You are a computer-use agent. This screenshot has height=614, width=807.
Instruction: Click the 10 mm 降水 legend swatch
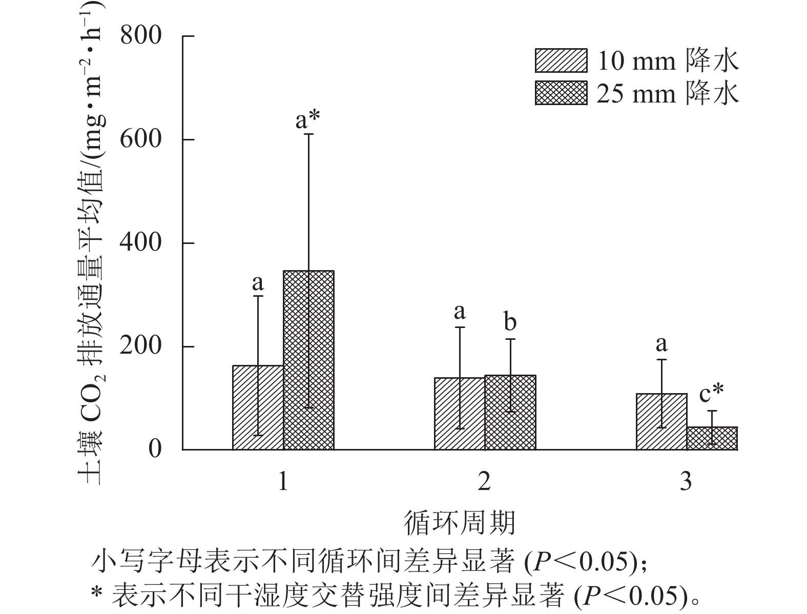pos(561,61)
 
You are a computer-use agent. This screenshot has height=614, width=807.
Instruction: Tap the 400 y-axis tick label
pos(140,242)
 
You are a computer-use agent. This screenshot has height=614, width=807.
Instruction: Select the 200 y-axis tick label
pos(140,346)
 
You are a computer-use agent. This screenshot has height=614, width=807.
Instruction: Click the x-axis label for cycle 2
pos(484,482)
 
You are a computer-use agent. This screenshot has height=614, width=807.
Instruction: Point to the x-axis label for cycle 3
pos(686,482)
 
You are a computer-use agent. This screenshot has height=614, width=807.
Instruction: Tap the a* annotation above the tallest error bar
pos(308,120)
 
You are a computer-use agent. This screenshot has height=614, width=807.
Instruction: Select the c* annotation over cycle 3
pos(712,394)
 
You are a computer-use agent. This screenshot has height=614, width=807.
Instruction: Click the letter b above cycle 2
pos(510,322)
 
